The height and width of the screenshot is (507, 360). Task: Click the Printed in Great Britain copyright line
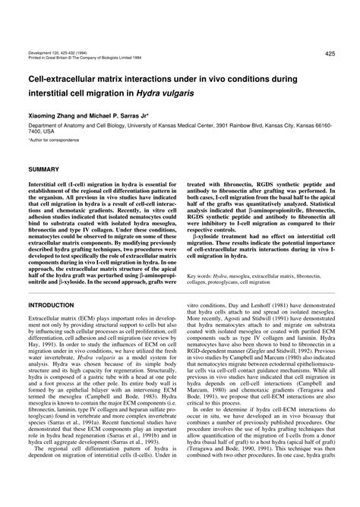coord(84,61)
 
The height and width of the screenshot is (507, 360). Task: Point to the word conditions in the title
coord(284,77)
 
